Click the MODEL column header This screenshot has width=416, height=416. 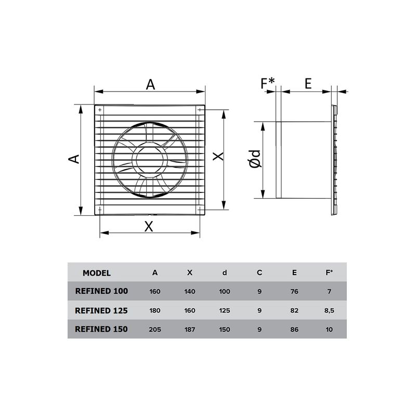point(97,273)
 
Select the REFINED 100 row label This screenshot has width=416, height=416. point(101,291)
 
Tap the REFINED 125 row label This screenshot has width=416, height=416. point(101,310)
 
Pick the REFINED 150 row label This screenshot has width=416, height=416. point(101,329)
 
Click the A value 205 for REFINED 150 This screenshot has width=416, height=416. point(155,329)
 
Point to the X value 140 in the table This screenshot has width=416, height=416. point(190,292)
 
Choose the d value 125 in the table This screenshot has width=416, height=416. point(225,310)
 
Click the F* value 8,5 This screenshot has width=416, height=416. point(329,310)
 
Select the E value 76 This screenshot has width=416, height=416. point(294,292)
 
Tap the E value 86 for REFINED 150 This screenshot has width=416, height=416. point(294,329)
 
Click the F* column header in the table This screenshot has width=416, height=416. point(329,272)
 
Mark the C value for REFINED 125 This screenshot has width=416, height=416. point(259,310)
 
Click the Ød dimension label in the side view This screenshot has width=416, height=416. point(255,159)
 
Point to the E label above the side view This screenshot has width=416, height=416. point(308,83)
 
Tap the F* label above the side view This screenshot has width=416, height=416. point(268,83)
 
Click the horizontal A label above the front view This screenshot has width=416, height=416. point(150,84)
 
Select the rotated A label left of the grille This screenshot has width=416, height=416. point(75,159)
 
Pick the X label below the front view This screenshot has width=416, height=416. point(149,226)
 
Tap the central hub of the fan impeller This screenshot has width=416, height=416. point(150,159)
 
